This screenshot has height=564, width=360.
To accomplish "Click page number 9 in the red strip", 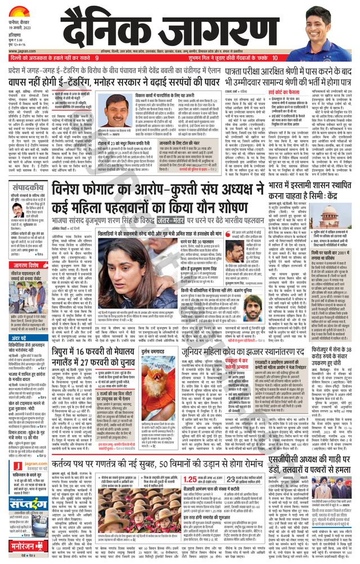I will click(x=97, y=58).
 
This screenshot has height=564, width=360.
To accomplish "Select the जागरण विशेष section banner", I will click(x=27, y=265).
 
